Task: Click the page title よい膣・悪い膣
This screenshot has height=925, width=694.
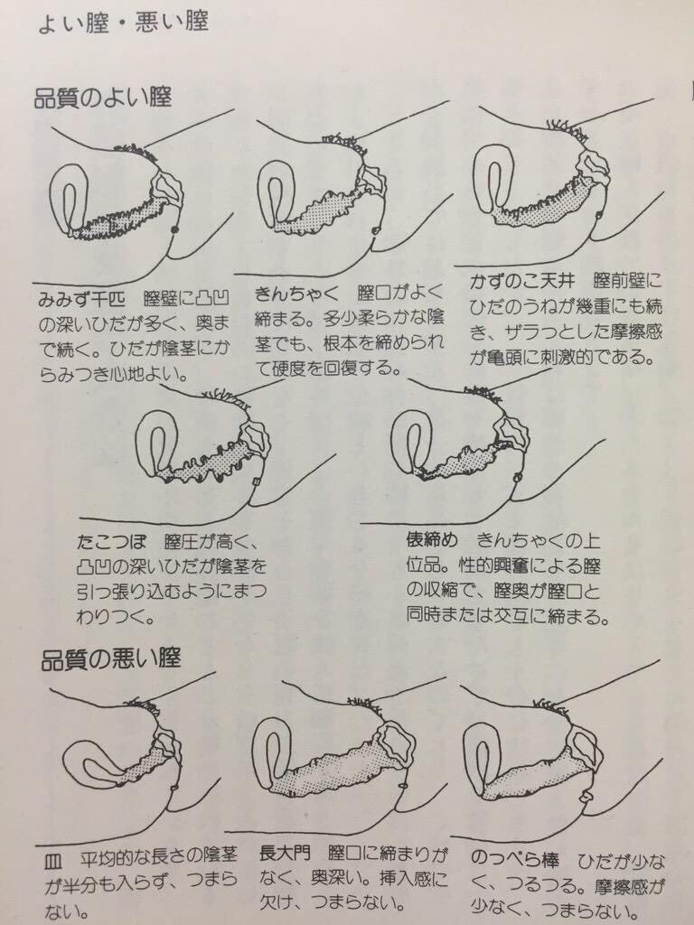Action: click(123, 23)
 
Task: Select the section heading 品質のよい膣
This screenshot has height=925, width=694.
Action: click(103, 98)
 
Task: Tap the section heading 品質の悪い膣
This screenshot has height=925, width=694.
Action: click(110, 659)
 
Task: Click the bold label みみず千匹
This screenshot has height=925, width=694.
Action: click(81, 299)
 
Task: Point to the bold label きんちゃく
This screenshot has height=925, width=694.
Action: click(296, 294)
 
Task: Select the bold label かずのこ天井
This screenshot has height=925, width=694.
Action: click(521, 280)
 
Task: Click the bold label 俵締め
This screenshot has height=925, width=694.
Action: click(431, 538)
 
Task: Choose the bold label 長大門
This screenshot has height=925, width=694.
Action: click(285, 855)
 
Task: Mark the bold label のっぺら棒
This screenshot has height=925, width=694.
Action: click(514, 859)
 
